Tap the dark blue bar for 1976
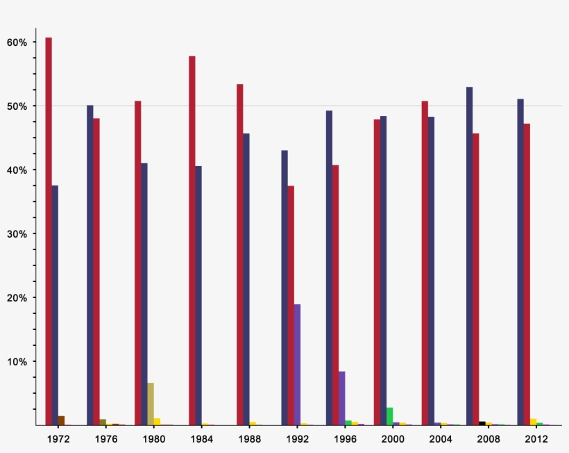[x=90, y=265]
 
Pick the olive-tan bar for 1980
[x=151, y=404]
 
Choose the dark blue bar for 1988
[x=246, y=279]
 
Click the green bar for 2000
[x=390, y=416]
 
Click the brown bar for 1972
[x=61, y=420]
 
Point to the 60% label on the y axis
[x=17, y=42]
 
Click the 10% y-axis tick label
[x=17, y=361]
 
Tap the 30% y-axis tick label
[x=17, y=234]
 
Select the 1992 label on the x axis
[x=296, y=439]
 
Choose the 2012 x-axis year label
[x=536, y=439]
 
